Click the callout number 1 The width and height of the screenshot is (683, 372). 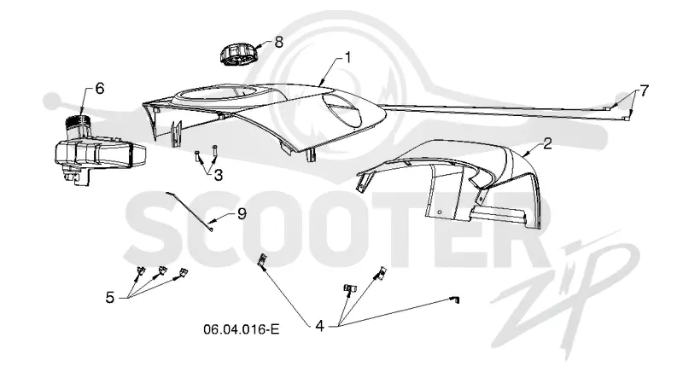click(347, 57)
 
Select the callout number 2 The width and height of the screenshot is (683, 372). click(547, 143)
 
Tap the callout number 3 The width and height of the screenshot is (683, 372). click(219, 175)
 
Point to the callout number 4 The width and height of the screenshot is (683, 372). click(319, 325)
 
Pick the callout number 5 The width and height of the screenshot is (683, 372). click(110, 298)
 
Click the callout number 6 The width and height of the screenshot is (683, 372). click(100, 89)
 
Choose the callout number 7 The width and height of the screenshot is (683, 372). click(644, 91)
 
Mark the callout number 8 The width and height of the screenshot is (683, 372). click(279, 42)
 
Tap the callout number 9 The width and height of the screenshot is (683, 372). click(242, 213)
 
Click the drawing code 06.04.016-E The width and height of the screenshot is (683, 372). click(242, 329)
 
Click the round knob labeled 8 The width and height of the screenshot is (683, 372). click(238, 54)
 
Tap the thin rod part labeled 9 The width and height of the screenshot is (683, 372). click(190, 212)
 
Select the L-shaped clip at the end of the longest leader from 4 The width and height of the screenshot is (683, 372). click(455, 299)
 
